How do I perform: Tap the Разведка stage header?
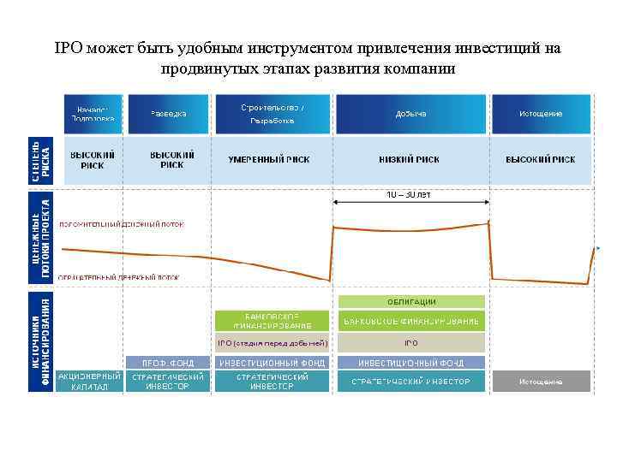click(168, 114)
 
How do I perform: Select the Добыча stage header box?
click(411, 114)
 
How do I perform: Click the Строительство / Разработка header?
click(272, 114)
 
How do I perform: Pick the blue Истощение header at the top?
click(540, 114)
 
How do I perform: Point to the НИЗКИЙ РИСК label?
click(410, 160)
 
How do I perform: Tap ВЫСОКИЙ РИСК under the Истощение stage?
click(540, 160)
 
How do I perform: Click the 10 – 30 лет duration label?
click(409, 194)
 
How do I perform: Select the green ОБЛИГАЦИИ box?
click(411, 301)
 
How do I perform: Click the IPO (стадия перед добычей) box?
click(272, 343)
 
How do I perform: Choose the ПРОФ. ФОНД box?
click(168, 363)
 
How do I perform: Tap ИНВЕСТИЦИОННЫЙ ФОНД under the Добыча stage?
click(411, 363)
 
